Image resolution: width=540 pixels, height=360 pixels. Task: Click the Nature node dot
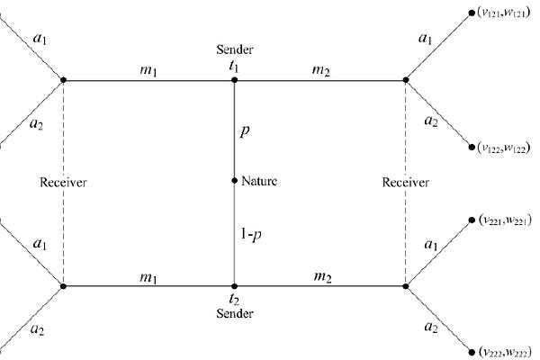click(x=234, y=182)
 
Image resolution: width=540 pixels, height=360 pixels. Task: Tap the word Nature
click(x=259, y=182)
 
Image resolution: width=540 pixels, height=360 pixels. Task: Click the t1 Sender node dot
click(x=234, y=80)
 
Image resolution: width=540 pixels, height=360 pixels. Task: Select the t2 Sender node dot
click(x=234, y=286)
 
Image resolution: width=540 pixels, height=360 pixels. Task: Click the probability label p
click(x=244, y=130)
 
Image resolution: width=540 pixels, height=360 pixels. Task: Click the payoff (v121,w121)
click(x=503, y=13)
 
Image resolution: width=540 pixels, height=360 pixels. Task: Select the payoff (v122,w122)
click(x=503, y=147)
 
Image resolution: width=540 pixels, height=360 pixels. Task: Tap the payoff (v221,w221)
click(x=503, y=219)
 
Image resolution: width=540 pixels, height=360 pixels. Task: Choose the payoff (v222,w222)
click(x=503, y=352)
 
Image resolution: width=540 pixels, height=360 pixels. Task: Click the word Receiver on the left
click(x=63, y=183)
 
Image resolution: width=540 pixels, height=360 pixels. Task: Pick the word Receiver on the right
click(x=405, y=183)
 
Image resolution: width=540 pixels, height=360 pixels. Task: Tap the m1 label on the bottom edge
click(x=148, y=274)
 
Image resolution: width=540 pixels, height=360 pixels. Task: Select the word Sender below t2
click(x=234, y=313)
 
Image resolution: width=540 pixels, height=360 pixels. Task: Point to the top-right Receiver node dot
click(x=406, y=80)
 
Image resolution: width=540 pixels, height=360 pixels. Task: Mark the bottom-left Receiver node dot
click(x=63, y=286)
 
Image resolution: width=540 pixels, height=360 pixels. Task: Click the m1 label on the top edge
click(x=148, y=70)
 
